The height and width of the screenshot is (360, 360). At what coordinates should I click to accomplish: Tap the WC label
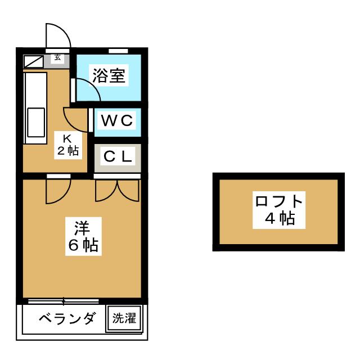pyautogui.click(x=117, y=120)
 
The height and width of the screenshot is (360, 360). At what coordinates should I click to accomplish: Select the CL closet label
pyautogui.click(x=118, y=156)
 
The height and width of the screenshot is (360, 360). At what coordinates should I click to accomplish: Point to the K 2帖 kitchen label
pyautogui.click(x=66, y=145)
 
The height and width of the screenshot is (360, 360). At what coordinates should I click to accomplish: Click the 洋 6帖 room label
pyautogui.click(x=82, y=236)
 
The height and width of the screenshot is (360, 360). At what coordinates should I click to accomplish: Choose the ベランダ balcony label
pyautogui.click(x=67, y=319)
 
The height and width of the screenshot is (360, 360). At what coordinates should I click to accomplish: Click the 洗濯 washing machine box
pyautogui.click(x=124, y=319)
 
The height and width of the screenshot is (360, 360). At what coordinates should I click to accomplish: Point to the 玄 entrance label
pyautogui.click(x=58, y=57)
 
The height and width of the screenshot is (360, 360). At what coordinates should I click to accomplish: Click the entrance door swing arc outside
pyautogui.click(x=59, y=35)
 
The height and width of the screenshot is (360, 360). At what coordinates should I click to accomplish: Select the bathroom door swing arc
pyautogui.click(x=85, y=88)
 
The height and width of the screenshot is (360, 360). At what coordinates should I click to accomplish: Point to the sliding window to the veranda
pyautogui.click(x=63, y=300)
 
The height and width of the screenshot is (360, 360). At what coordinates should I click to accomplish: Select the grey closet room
pyautogui.click(x=118, y=157)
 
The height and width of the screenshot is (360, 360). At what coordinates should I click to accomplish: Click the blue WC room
pyautogui.click(x=118, y=121)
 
